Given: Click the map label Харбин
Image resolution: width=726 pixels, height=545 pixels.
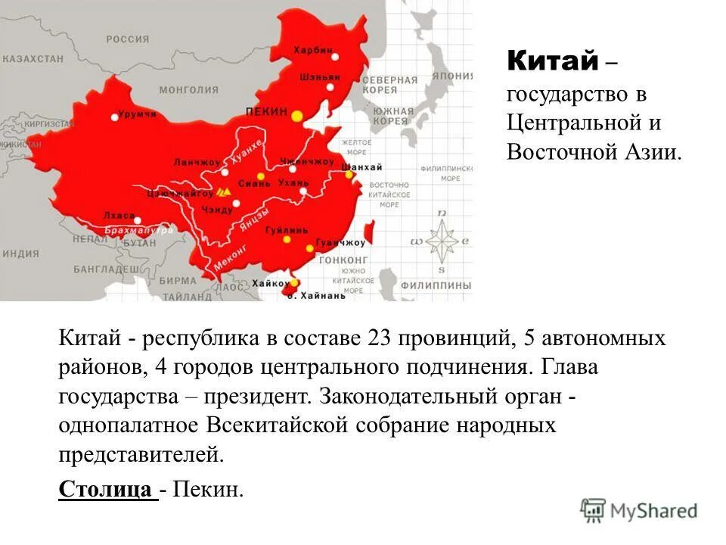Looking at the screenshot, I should tap(313, 50).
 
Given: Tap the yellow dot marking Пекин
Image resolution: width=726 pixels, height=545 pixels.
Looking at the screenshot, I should tap(297, 115).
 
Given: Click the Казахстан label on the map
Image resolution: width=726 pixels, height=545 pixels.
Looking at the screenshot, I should tap(32, 58).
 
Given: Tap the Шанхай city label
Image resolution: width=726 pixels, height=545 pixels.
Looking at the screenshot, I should tap(362, 167).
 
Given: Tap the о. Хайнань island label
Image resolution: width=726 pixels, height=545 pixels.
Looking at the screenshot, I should tap(317, 295).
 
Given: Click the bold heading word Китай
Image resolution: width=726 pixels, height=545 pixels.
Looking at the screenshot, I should tap(552, 60).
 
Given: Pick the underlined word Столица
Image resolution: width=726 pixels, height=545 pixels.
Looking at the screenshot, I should tap(105, 489).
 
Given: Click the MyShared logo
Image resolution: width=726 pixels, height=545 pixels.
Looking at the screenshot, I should tap(639, 511).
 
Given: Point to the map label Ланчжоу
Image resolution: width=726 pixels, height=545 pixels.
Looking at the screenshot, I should tap(196, 162).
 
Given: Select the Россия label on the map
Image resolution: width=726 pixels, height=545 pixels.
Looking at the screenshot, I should tap(127, 39).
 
